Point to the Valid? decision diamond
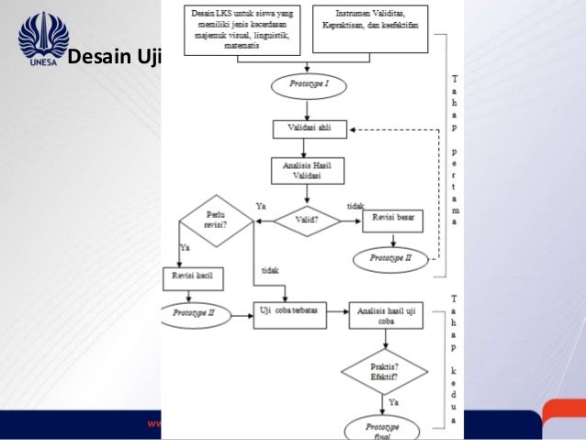tap(306, 220)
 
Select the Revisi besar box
tap(393, 220)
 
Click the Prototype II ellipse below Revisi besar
tap(392, 259)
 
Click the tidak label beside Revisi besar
tap(355, 207)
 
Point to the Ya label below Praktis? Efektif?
tap(394, 401)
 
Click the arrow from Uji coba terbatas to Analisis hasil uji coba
tap(335, 313)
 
